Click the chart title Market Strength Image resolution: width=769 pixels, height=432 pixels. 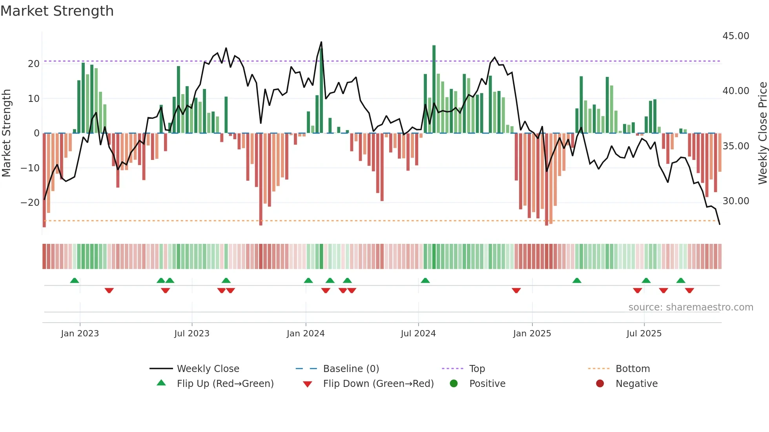pos(57,11)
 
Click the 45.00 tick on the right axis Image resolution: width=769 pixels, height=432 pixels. pos(736,36)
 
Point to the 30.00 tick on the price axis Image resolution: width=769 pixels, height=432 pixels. pos(736,201)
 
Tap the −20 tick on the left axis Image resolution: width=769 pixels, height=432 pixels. pos(30,203)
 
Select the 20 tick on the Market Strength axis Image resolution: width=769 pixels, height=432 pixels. pos(33,64)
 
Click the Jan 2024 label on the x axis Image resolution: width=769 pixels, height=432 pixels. pos(305,334)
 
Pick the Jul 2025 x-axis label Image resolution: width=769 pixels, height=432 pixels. pos(643,334)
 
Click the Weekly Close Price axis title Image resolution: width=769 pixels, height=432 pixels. pos(762,133)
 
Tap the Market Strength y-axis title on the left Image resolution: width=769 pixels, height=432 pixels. pos(6,133)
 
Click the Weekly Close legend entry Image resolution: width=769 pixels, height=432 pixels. pos(208,369)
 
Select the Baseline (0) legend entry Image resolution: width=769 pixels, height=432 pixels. pos(351,369)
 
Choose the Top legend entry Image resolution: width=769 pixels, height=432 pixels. pos(477,369)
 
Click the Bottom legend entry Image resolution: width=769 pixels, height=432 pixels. pos(632,369)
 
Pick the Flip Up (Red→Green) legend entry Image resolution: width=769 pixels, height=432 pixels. pos(225,384)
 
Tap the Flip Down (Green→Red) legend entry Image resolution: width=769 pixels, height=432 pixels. pos(378,384)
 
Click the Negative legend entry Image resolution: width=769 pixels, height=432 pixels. pos(636,384)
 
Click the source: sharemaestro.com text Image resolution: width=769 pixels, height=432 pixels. pos(691,307)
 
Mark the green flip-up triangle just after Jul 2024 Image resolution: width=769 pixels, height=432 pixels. pos(425,281)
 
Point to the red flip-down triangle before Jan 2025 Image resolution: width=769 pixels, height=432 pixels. pos(516,290)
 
